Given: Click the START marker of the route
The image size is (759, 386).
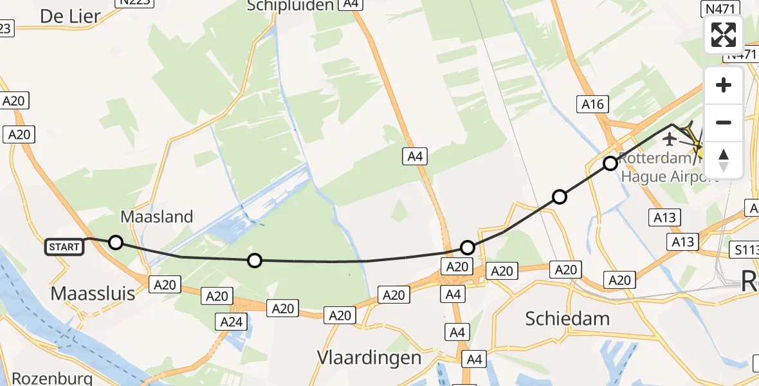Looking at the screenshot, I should click(64, 247).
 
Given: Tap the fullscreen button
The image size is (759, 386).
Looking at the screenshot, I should click(724, 35).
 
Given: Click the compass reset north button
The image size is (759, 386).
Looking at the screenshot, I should click(724, 160).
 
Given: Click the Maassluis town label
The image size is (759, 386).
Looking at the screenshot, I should click(93, 293).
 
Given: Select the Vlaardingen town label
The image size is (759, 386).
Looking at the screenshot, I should click(369, 358).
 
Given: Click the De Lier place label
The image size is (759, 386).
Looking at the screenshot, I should click(71, 17).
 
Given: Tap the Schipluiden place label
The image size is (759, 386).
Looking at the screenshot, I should click(291, 6).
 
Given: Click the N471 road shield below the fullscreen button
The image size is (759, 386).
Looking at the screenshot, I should click(741, 55).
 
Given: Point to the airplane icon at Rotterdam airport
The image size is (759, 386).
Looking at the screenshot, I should click(670, 138).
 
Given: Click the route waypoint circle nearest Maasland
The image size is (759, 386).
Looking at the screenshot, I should click(115, 243).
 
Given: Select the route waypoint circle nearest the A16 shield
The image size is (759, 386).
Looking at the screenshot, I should click(610, 163).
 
